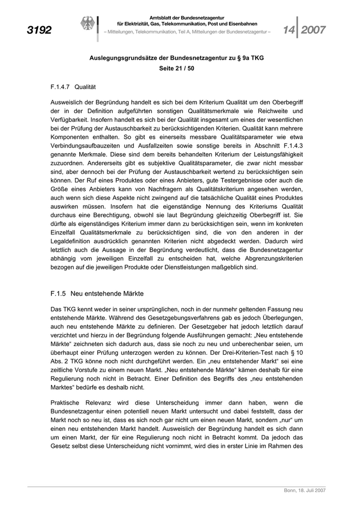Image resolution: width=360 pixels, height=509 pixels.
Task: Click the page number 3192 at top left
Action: pyautogui.click(x=39, y=30)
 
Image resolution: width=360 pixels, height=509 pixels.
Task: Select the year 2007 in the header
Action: pyautogui.click(x=313, y=30)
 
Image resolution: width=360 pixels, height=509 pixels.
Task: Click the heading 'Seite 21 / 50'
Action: pyautogui.click(x=176, y=68)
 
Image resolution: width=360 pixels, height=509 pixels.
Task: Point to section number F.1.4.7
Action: pyautogui.click(x=61, y=87)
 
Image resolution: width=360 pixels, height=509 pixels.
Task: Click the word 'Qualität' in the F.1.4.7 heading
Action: pyautogui.click(x=85, y=87)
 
